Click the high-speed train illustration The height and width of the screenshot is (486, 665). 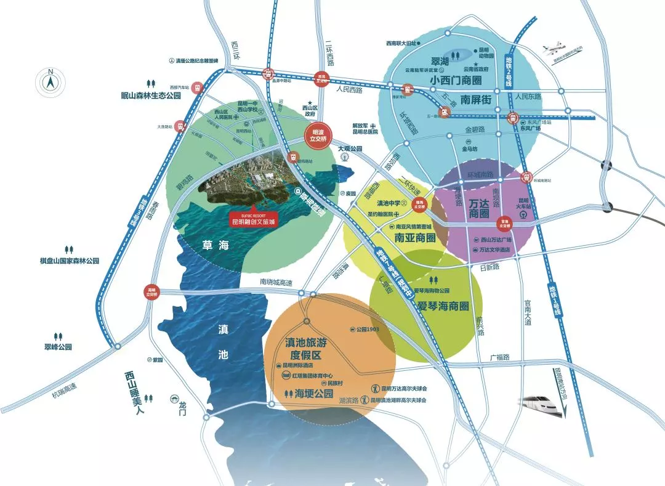tap(541, 404)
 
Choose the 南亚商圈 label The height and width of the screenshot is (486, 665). tap(416, 237)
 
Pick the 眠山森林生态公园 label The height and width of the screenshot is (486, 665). tap(151, 95)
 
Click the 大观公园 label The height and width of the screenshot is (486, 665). tap(350, 149)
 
